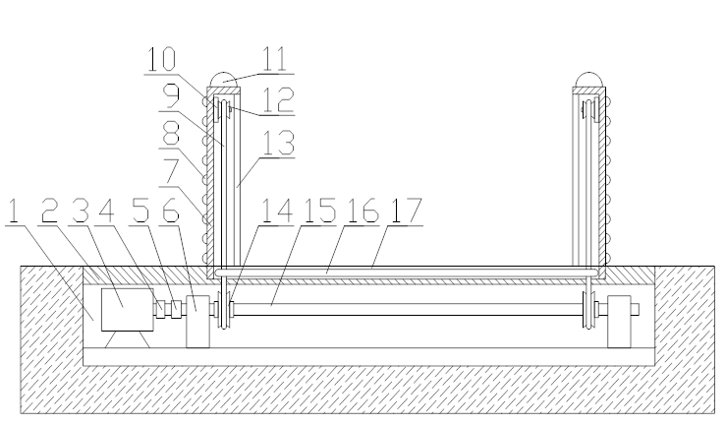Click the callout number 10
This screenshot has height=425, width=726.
(161, 59)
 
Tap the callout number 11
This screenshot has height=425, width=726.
(275, 59)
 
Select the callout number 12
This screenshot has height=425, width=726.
(278, 99)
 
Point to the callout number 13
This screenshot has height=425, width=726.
(278, 143)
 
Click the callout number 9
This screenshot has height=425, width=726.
(172, 96)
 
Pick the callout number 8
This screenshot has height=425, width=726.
(171, 134)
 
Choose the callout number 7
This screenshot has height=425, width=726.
(171, 171)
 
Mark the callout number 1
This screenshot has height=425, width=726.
(14, 210)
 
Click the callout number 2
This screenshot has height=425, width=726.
(49, 210)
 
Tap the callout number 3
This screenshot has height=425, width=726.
(80, 210)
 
